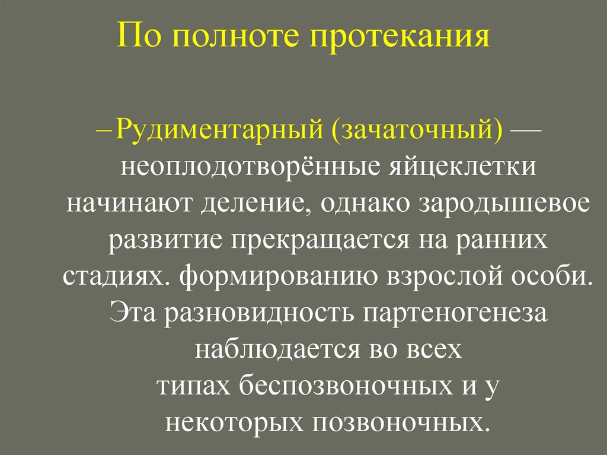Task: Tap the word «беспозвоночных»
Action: point(342,387)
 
